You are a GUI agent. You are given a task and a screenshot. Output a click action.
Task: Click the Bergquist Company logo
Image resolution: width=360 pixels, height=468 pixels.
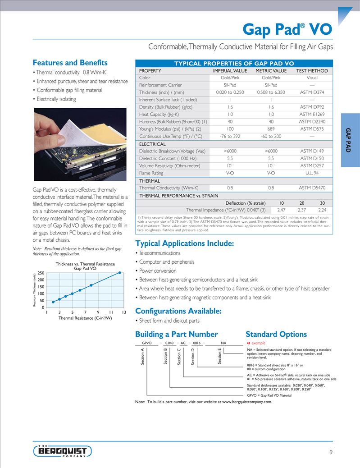point(63,451)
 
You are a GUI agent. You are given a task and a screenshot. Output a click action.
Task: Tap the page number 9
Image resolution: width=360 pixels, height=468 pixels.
point(331,453)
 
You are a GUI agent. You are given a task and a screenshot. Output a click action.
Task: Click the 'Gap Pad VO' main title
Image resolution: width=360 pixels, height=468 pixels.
point(287,29)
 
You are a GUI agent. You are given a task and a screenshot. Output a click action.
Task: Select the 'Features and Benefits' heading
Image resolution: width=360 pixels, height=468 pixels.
point(70,63)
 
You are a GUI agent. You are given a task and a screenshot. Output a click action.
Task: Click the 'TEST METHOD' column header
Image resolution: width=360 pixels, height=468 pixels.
point(312,71)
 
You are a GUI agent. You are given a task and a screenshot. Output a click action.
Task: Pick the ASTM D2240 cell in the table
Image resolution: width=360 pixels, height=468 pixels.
point(312,122)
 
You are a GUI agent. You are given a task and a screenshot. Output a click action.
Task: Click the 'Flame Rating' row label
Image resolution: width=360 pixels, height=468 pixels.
point(151,173)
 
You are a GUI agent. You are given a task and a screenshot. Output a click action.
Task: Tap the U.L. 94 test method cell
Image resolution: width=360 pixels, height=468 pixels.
point(312,173)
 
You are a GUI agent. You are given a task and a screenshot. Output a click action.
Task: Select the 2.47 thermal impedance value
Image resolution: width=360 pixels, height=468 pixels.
point(281,210)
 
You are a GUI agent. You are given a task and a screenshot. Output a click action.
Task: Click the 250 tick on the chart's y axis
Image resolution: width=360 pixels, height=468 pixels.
point(41,273)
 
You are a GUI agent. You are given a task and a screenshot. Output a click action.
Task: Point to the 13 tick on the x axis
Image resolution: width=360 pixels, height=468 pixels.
point(123,312)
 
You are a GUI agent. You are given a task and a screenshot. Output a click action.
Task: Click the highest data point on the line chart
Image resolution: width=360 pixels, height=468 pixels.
point(119,272)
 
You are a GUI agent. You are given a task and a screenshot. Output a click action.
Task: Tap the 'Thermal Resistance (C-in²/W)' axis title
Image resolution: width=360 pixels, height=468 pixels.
point(85,318)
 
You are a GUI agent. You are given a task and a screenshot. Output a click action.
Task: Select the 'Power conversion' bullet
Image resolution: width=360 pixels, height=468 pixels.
point(158,271)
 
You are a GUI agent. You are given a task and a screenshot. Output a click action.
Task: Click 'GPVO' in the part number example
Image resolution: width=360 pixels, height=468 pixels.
point(146,343)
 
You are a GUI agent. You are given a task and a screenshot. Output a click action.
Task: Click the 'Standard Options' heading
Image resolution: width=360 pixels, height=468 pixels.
point(276,334)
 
